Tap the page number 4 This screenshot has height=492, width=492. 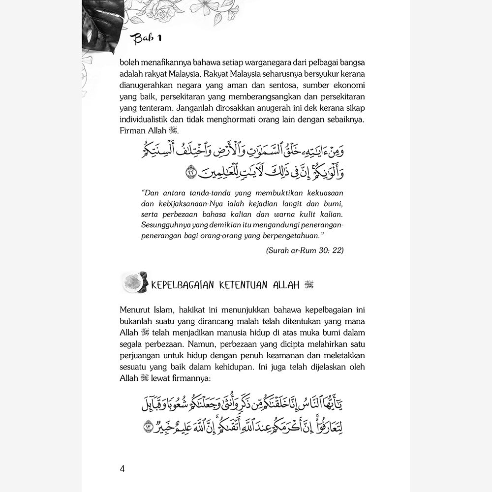122,468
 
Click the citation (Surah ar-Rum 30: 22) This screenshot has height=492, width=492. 305,250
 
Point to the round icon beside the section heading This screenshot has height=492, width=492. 133,282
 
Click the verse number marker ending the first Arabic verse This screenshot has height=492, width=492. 191,173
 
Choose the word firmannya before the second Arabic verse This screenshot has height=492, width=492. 180,378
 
